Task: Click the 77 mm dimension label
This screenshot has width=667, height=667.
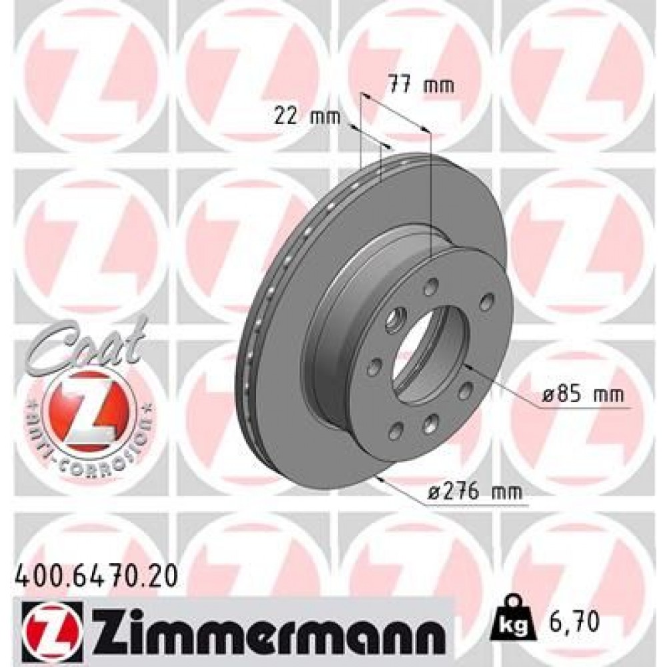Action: [420, 85]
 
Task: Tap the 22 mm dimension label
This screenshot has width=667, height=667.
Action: [307, 116]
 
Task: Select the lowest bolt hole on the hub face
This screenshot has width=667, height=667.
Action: [430, 422]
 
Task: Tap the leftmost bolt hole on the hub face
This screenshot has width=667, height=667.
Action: [374, 366]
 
